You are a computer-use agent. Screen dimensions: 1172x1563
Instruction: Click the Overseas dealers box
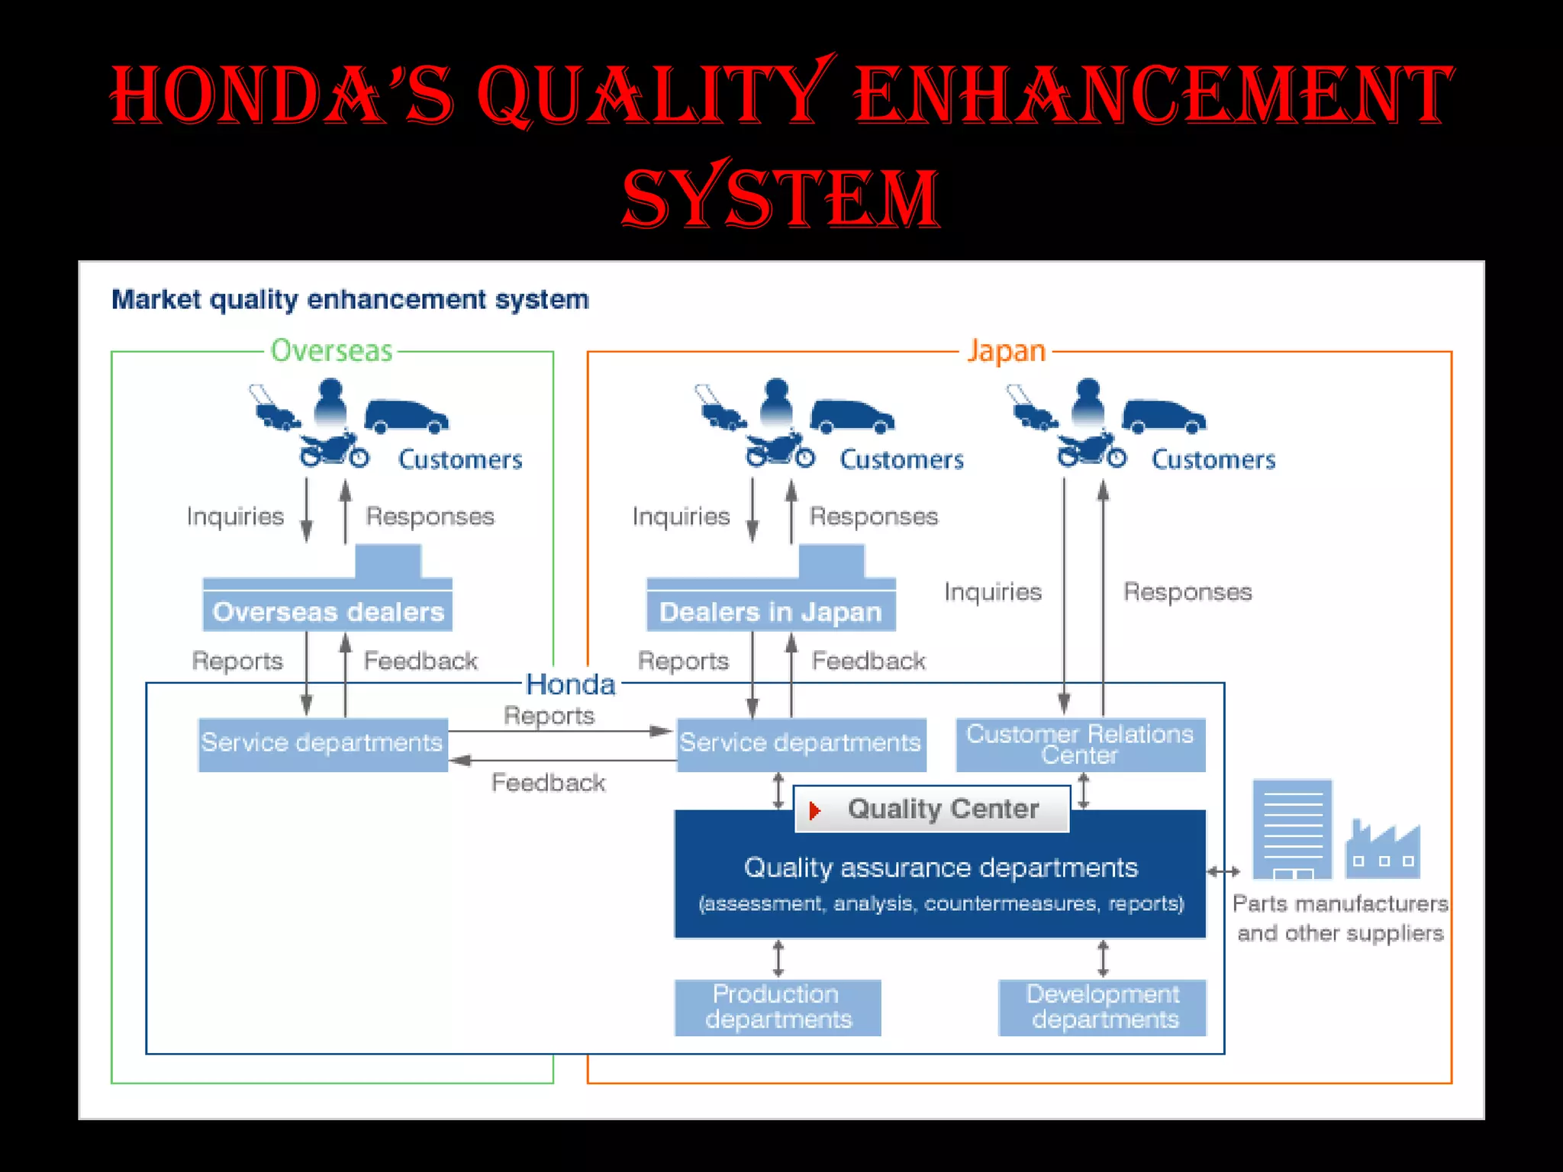coord(327,611)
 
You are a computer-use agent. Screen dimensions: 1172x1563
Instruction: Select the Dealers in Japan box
coord(771,611)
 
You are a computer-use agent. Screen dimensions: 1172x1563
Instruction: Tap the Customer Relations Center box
coord(1080,745)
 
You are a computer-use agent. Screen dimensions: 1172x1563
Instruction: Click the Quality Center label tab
coord(932,809)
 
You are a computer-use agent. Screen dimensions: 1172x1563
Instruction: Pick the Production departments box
coord(778,1007)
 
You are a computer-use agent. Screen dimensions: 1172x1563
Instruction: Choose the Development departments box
coord(1103,1007)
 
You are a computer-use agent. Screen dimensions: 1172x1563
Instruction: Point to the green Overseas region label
coord(331,351)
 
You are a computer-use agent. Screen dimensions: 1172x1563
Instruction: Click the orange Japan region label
coord(1006,351)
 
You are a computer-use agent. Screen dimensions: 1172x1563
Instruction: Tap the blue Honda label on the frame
coord(571,684)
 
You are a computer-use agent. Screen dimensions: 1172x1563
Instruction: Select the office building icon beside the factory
coord(1293,829)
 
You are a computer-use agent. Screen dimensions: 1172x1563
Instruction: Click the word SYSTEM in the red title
coord(780,197)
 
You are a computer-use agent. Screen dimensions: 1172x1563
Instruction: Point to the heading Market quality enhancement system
coord(350,300)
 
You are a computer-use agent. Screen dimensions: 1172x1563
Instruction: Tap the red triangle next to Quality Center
coord(814,810)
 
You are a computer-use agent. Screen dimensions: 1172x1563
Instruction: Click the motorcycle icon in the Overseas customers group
coord(334,450)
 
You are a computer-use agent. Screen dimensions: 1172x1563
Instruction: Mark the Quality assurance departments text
coord(940,868)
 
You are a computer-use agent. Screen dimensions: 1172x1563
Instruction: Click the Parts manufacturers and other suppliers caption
coord(1340,918)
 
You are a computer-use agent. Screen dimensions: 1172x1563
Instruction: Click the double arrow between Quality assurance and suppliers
coord(1223,871)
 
